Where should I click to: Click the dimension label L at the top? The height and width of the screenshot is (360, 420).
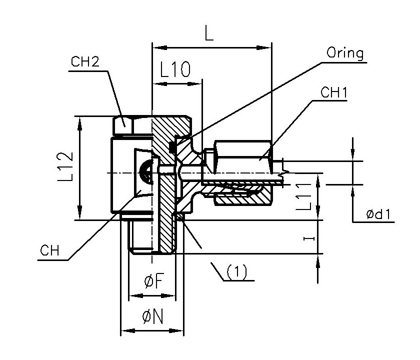point(209,33)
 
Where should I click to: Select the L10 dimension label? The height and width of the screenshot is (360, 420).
point(174,70)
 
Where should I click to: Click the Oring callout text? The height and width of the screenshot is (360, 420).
point(345,53)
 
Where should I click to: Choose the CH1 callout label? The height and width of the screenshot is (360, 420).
point(334,92)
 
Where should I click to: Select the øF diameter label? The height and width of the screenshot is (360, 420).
point(153,282)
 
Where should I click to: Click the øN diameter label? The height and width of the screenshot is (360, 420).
point(153,316)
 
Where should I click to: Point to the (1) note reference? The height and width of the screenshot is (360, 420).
point(237,272)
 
